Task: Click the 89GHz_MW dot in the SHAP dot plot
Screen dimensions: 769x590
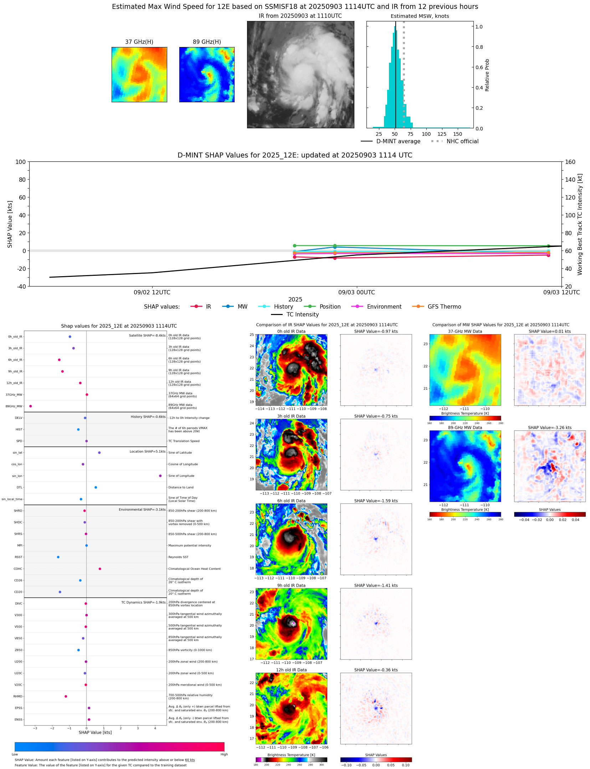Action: tap(30, 406)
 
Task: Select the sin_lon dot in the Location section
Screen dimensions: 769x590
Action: tap(160, 476)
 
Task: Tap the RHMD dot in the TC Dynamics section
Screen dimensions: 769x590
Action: tap(66, 696)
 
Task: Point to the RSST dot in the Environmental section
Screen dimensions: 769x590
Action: tap(58, 557)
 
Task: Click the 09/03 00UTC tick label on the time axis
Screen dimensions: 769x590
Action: tap(356, 293)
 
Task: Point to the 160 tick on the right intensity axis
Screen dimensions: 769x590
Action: tap(570, 162)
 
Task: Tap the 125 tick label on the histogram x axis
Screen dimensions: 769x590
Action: tap(442, 134)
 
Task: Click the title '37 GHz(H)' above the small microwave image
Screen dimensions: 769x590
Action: tap(139, 42)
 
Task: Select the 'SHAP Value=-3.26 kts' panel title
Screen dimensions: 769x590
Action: tap(549, 428)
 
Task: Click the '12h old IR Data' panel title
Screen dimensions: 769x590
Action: tap(291, 670)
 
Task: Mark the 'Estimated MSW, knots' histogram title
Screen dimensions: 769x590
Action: tap(420, 16)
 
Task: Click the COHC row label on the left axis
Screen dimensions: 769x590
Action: tap(18, 569)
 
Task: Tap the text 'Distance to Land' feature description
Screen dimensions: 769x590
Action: tap(181, 487)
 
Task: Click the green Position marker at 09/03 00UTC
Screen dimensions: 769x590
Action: tap(335, 246)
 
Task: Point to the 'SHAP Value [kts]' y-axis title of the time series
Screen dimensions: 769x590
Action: tap(10, 224)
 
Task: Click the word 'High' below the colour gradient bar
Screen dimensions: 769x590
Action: tap(224, 754)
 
